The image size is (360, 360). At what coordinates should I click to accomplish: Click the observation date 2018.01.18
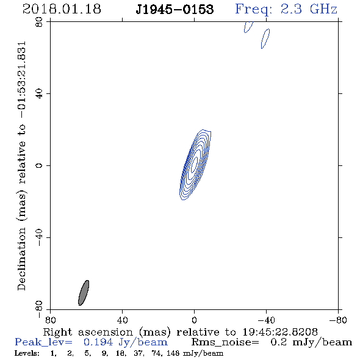point(62,9)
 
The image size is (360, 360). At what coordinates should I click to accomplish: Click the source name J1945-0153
point(175,9)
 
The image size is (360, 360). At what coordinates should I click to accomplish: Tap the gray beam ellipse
point(84,293)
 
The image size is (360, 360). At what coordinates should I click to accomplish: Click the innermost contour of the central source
point(194,164)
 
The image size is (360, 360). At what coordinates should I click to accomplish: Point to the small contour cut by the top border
point(248,27)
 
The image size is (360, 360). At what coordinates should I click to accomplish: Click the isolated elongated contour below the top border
point(265,38)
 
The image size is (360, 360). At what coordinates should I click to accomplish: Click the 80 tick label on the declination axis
point(40,22)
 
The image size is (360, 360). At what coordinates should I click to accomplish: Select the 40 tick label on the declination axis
point(40,94)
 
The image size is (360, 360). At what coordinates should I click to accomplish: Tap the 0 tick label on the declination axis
point(40,165)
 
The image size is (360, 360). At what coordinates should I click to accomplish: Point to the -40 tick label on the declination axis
point(40,237)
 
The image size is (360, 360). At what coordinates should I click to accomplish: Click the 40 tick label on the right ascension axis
point(122,320)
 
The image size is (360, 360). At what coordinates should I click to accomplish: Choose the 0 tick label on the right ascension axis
point(194,320)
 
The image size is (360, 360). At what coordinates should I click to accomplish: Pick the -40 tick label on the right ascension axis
point(266,320)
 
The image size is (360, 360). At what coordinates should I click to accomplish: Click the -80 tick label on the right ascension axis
point(338,320)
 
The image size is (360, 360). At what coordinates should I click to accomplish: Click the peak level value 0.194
point(98,342)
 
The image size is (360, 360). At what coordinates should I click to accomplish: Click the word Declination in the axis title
point(21,259)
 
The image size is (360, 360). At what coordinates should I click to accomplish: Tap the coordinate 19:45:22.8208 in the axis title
point(280,332)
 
